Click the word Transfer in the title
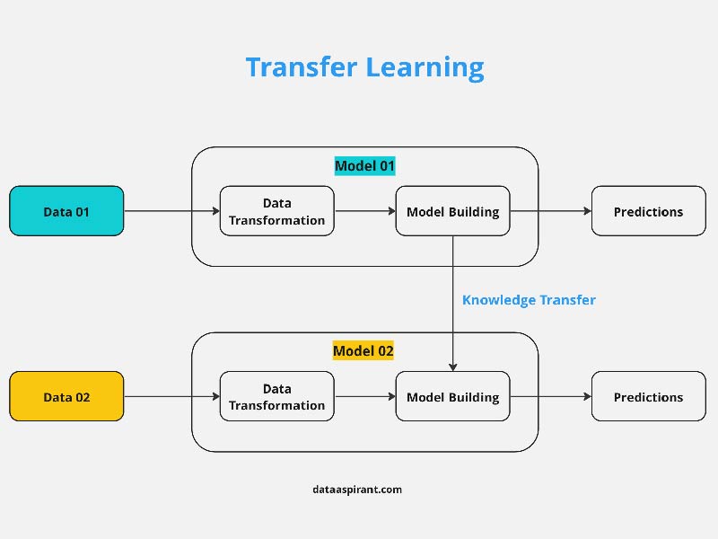[301, 66]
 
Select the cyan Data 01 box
[66, 211]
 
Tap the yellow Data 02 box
[66, 396]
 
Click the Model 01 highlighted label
[364, 166]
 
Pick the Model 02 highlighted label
[363, 351]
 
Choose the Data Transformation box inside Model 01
[277, 211]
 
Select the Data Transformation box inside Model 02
[277, 396]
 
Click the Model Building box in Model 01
[453, 211]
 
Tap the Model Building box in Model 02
[453, 396]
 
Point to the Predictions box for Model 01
[648, 211]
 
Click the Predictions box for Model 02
[648, 396]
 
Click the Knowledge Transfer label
[529, 300]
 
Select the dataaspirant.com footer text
[357, 490]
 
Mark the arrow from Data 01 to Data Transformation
[172, 211]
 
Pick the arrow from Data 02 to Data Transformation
[172, 396]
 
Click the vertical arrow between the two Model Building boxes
[453, 304]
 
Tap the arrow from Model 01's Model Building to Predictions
[551, 211]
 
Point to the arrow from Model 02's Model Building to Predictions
[551, 396]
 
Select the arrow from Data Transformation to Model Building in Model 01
[365, 211]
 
